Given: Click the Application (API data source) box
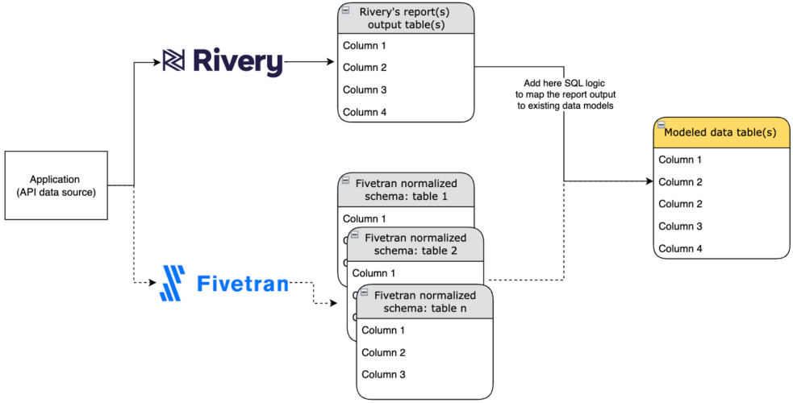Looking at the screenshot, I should [x=56, y=185].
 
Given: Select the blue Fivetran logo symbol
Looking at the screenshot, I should [x=173, y=283].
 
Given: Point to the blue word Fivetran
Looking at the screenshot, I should [x=243, y=284].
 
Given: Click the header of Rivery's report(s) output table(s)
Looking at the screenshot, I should [x=406, y=19].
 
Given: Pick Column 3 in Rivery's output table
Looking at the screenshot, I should [x=365, y=89].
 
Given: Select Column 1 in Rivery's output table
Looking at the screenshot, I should [x=365, y=45].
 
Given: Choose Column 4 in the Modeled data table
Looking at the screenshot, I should [x=680, y=248].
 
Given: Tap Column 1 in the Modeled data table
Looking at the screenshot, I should [x=680, y=160].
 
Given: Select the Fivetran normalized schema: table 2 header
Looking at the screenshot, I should [x=415, y=243].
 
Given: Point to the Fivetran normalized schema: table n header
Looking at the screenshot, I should [x=424, y=301].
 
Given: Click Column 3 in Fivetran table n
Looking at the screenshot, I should [x=383, y=375].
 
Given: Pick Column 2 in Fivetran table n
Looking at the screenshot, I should [x=383, y=352].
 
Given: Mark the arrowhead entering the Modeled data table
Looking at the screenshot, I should [x=648, y=182].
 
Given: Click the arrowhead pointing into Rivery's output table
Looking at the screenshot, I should [x=332, y=61].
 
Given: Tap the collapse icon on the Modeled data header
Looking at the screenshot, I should [x=660, y=125].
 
